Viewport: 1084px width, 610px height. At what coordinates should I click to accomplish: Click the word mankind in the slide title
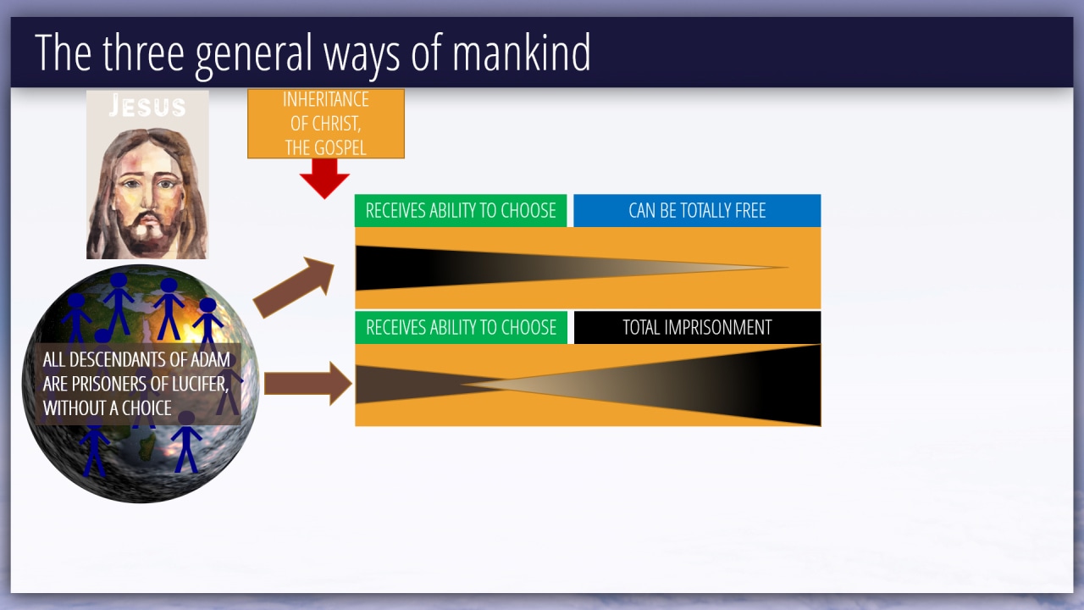pos(521,53)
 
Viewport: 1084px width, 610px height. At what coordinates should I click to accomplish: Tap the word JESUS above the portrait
pos(148,106)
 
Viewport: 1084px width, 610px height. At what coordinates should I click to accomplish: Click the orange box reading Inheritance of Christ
pos(325,124)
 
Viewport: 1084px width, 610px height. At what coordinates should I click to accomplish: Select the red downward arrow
pos(324,178)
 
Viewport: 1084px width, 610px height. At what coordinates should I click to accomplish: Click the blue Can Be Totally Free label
pos(697,211)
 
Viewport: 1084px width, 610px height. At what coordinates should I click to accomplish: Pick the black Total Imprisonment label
pos(697,328)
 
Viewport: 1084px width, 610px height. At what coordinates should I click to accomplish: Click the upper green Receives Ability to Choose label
pos(461,211)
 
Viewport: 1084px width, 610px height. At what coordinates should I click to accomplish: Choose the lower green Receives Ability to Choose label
pos(461,328)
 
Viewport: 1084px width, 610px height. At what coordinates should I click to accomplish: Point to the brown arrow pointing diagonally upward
pos(296,286)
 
